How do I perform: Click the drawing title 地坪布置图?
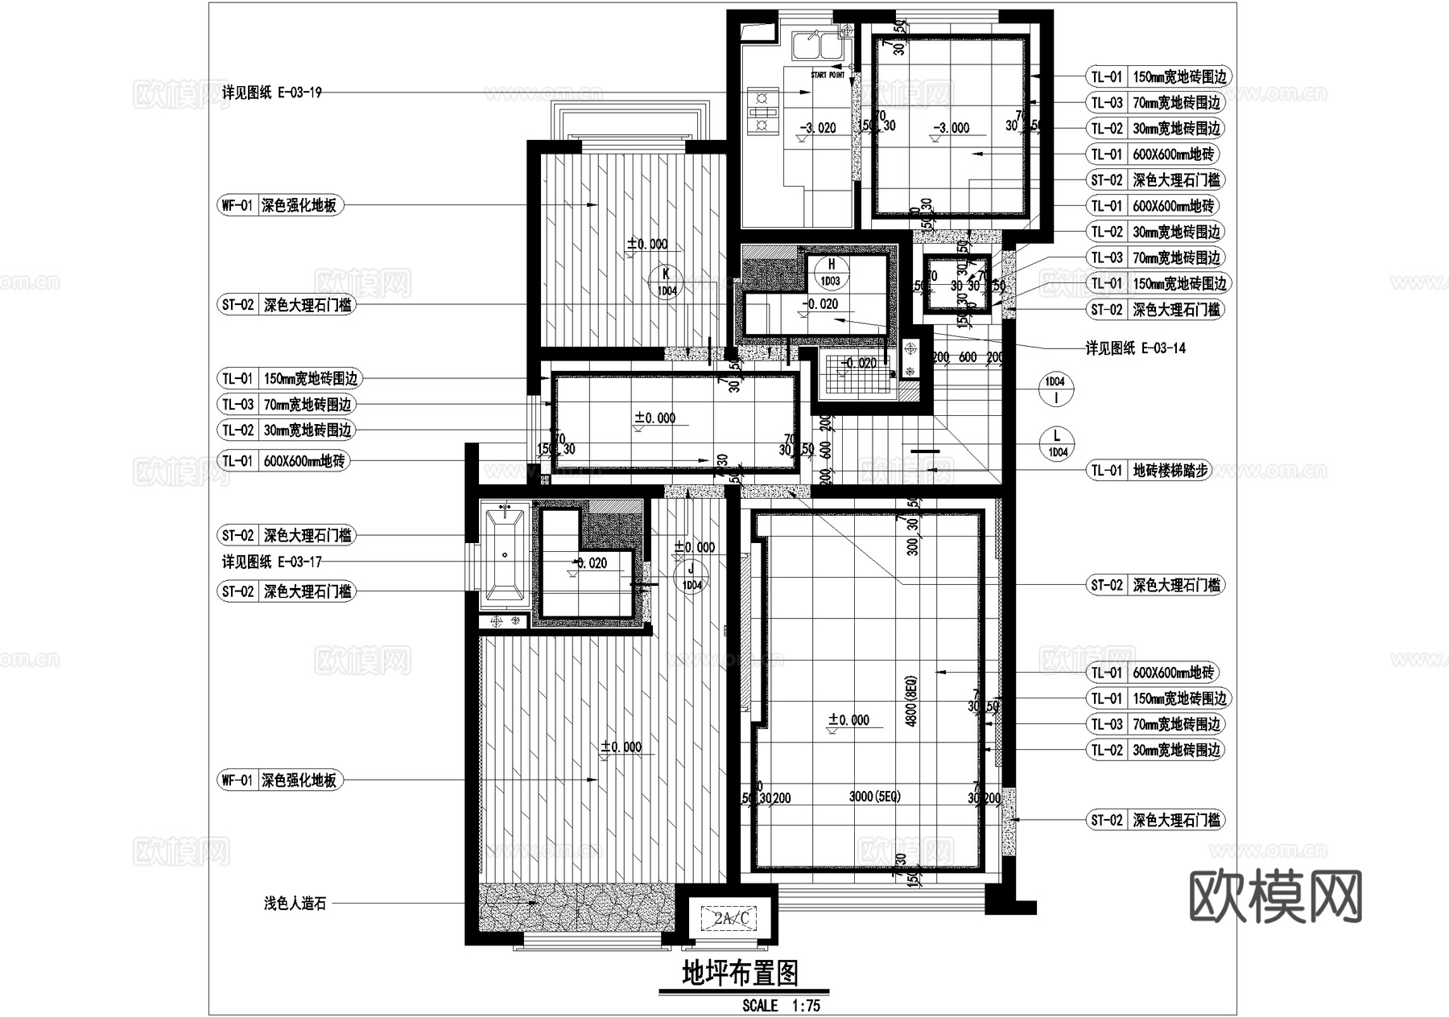[740, 974]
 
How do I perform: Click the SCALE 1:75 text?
[781, 1006]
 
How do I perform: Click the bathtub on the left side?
[505, 555]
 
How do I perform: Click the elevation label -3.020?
[816, 128]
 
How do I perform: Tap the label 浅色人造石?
[295, 904]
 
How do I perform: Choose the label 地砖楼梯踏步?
[1170, 471]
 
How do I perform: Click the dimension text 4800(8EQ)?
[911, 700]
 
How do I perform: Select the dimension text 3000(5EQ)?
[874, 797]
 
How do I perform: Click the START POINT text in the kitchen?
[828, 75]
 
